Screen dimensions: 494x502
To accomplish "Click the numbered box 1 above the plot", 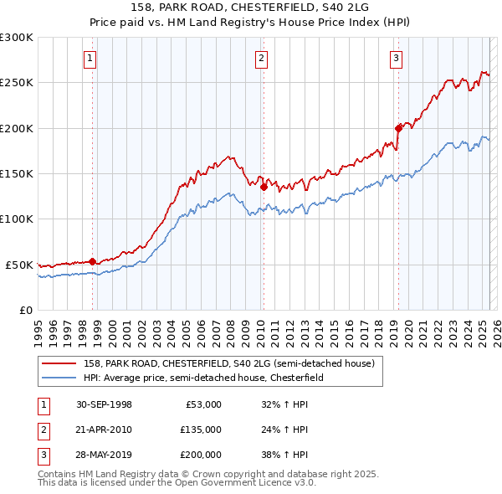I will click(90, 58).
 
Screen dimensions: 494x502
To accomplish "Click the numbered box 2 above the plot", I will click(262, 58).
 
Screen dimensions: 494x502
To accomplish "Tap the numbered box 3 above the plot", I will click(396, 58).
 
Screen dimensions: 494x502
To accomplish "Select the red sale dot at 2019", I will click(398, 128).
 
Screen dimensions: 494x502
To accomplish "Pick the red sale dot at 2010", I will click(264, 188).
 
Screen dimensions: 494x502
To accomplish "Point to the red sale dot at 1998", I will click(93, 261).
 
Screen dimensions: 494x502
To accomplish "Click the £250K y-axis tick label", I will click(17, 83).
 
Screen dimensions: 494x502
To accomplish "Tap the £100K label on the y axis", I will click(17, 219).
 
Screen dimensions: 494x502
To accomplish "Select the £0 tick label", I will click(25, 310).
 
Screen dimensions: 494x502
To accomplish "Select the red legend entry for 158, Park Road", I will click(233, 363).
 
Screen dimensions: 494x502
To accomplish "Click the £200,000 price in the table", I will click(201, 455).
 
